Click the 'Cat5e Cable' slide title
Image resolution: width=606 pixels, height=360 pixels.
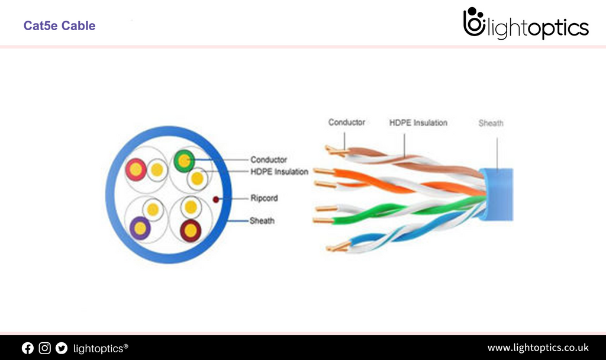[59, 26]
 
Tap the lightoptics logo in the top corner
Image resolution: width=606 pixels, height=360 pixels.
[526, 24]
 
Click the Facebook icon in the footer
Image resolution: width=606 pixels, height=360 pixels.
[28, 348]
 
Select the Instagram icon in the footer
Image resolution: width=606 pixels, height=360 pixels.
[44, 348]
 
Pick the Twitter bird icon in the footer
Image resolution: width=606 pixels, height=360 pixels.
[62, 348]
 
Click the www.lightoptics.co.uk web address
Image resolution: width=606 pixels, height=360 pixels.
[537, 348]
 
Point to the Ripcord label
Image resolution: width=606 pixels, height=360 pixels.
[263, 198]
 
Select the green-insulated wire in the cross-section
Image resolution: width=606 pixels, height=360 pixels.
[183, 160]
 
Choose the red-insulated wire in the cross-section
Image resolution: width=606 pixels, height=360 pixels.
[136, 169]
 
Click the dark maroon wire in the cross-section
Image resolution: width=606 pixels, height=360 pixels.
[191, 229]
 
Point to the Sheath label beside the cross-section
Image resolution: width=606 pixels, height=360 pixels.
[262, 221]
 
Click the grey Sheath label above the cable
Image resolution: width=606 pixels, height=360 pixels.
[491, 123]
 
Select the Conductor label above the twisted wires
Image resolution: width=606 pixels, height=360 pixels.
[347, 122]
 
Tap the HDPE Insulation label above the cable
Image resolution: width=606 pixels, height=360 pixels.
[418, 123]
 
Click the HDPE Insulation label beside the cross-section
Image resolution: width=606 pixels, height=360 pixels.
[279, 172]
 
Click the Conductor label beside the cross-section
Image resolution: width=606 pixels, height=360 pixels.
[268, 159]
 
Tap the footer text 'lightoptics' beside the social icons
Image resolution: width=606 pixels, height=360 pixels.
[100, 348]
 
